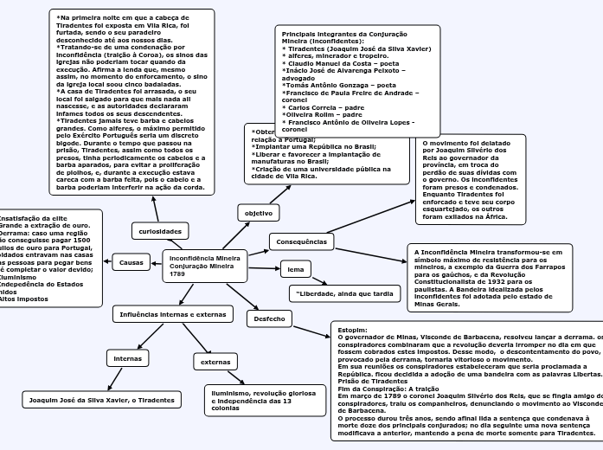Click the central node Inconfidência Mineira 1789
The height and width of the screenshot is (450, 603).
coord(205,266)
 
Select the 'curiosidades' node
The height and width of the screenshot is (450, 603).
coord(160,232)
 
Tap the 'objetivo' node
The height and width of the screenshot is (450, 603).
coord(258,212)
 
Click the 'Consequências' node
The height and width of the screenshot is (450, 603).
coord(300,241)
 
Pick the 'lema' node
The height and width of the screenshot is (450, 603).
coord(295,270)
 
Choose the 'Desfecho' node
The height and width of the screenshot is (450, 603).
coord(269,319)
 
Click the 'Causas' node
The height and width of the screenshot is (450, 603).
coord(131,261)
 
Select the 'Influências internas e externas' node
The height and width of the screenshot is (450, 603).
coord(171,314)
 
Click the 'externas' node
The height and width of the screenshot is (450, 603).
coord(215,362)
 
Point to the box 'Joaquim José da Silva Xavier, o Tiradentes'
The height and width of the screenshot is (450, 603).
coord(102,400)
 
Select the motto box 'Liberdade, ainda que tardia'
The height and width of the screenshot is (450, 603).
coord(344,294)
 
